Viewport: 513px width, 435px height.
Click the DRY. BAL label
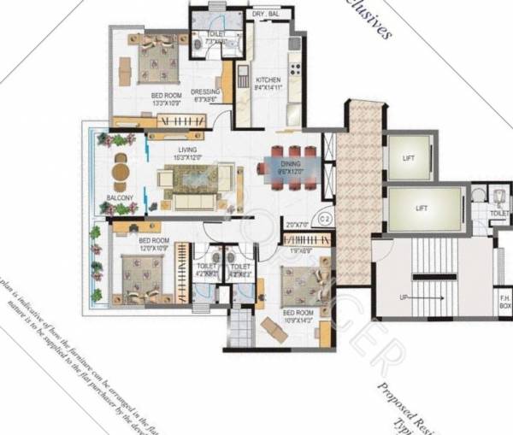266,15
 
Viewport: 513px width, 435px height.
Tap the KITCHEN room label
268,79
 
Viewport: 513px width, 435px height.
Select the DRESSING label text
205,91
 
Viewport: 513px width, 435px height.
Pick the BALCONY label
120,197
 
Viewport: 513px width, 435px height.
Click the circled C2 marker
324,219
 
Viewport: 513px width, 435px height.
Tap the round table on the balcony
120,172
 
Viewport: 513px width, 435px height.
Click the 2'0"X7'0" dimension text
297,224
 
